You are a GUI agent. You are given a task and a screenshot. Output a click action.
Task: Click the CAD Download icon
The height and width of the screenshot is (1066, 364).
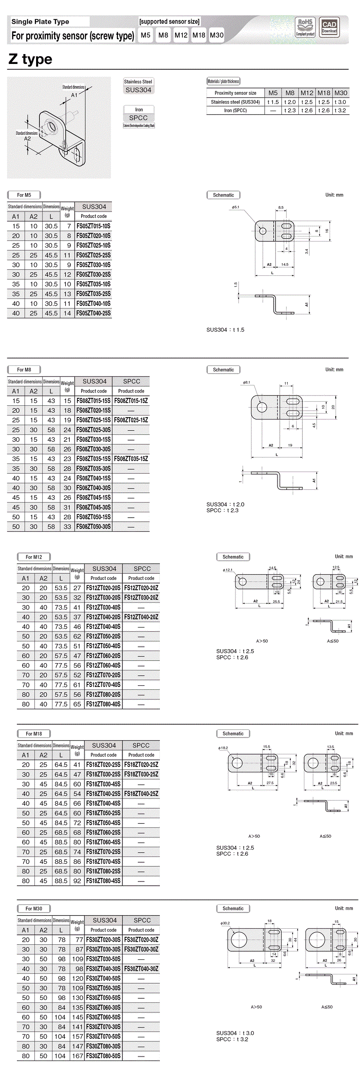click(x=329, y=27)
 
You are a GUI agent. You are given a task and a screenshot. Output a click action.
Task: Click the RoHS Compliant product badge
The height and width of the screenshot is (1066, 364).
click(x=305, y=27)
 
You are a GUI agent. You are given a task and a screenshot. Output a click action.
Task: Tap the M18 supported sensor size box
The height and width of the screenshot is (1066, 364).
click(x=199, y=35)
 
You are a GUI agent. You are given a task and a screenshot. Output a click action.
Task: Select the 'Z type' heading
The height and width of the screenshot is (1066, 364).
click(x=30, y=59)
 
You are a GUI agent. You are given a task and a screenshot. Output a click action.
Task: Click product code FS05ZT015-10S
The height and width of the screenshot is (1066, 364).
click(x=93, y=226)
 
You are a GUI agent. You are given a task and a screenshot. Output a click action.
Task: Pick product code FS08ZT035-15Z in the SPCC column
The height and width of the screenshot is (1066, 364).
click(x=131, y=459)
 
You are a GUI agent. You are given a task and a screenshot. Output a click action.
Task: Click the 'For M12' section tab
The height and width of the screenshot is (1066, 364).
click(x=34, y=557)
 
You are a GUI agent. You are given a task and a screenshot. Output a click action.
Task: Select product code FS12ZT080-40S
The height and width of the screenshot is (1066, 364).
click(x=103, y=704)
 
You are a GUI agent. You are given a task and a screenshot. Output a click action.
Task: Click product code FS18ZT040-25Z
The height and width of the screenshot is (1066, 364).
click(x=141, y=794)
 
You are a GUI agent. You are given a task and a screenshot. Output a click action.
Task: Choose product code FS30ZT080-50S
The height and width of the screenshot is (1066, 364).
click(x=103, y=1056)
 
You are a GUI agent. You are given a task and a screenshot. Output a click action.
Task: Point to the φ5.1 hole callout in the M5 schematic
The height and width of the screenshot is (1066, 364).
click(x=235, y=207)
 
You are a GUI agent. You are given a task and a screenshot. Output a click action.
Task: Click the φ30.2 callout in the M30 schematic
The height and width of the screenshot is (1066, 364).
click(x=225, y=923)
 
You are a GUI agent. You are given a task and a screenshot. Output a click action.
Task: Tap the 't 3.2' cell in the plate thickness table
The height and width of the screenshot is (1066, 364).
click(x=340, y=111)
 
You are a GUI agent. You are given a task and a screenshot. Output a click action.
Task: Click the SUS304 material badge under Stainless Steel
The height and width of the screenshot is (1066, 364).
click(x=138, y=90)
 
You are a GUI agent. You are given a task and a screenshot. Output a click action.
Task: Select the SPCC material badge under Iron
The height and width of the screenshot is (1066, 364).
click(x=138, y=118)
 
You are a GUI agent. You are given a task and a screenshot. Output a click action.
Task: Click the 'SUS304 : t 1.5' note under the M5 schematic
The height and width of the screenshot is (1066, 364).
click(x=225, y=330)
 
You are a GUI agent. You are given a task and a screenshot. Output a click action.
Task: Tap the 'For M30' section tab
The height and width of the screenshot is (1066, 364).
click(x=34, y=908)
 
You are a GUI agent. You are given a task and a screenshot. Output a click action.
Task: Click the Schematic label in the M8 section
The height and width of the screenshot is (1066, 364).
click(x=223, y=370)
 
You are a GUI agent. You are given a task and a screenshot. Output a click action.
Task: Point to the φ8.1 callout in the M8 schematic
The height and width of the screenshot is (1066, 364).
click(x=246, y=382)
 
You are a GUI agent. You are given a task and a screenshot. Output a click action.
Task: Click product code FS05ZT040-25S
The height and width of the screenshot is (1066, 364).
click(x=93, y=313)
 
